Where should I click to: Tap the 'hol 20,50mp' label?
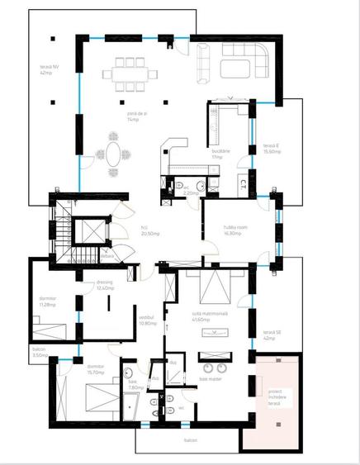pos(149,230)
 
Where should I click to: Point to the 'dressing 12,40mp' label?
pos(104,286)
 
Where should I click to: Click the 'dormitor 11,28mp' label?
pos(48,302)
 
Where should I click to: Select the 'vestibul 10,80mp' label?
pos(148,320)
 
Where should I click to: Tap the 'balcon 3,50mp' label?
pos(39,352)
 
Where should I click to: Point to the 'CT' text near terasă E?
pos(245,183)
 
